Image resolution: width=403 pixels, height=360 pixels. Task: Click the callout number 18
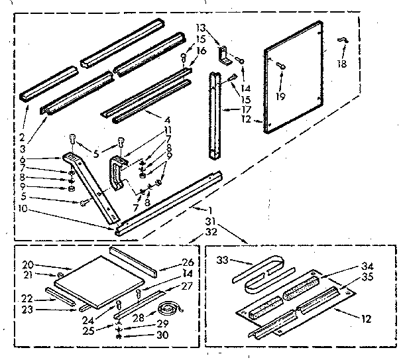pyautogui.click(x=342, y=64)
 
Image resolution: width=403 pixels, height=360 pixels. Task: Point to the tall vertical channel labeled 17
pyautogui.click(x=214, y=116)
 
